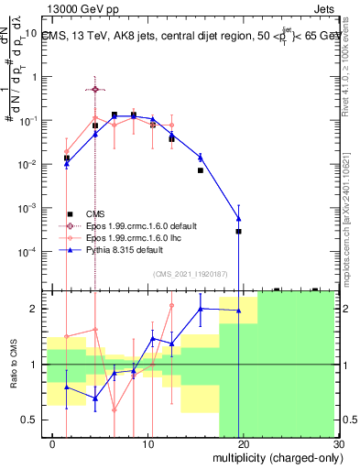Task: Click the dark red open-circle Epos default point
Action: [x=95, y=89]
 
